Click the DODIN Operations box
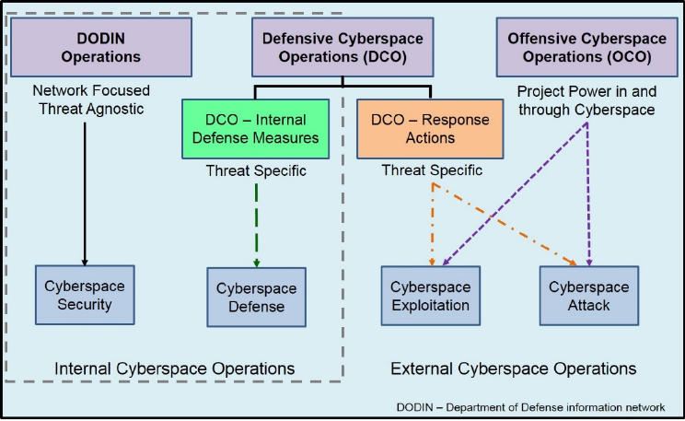tap(100, 47)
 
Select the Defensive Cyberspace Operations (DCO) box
tap(342, 47)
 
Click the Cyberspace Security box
tap(85, 295)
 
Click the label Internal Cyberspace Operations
tap(175, 368)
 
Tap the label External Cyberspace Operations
tap(513, 368)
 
